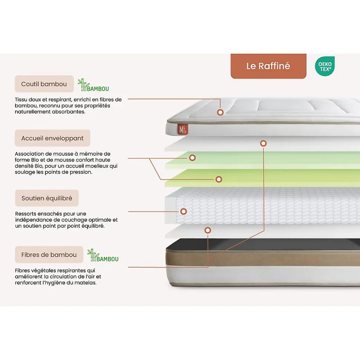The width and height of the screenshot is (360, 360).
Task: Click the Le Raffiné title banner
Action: [x=268, y=66]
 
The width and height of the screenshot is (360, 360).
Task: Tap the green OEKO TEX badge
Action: [x=325, y=66]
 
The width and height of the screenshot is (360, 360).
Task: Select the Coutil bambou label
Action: [x=44, y=84]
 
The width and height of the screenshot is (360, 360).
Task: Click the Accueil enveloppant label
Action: [x=52, y=138]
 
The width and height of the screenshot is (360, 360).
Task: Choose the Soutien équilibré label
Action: [x=47, y=198]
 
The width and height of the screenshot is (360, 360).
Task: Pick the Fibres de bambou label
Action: [x=49, y=255]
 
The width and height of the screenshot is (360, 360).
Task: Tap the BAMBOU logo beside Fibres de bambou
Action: [x=103, y=255]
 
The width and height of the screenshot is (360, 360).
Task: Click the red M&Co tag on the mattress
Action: [x=183, y=129]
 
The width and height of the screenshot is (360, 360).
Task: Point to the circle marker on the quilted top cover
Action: [x=220, y=112]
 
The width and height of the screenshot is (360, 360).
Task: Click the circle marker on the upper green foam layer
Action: [x=192, y=158]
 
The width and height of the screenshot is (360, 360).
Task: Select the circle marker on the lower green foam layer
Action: [x=219, y=179]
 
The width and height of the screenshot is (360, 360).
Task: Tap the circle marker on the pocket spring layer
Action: [x=183, y=212]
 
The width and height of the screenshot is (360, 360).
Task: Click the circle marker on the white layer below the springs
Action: [x=208, y=230]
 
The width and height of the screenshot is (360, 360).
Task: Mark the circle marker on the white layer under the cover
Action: [x=263, y=143]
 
